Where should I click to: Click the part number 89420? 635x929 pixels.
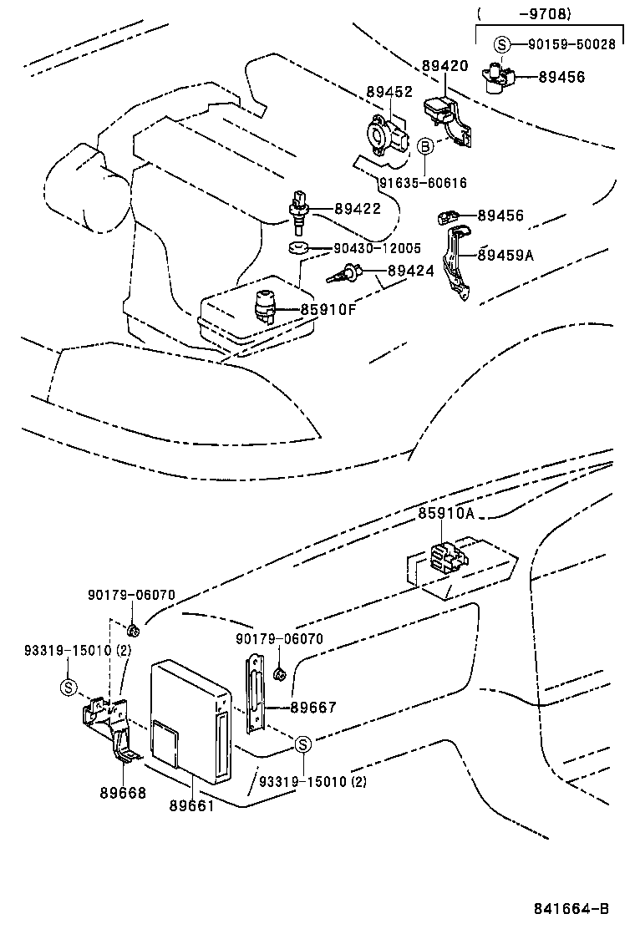[445, 65]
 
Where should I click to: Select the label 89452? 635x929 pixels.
[389, 92]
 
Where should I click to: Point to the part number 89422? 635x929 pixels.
[358, 209]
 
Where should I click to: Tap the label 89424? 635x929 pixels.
[410, 271]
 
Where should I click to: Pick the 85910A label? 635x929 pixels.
[446, 514]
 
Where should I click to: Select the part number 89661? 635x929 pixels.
[192, 805]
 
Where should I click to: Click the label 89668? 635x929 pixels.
[124, 793]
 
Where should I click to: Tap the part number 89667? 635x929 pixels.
[313, 707]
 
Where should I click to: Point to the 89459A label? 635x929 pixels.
[505, 255]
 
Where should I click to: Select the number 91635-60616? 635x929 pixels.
[423, 183]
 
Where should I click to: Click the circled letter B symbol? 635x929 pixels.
[424, 147]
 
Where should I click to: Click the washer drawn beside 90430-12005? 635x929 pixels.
[297, 248]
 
